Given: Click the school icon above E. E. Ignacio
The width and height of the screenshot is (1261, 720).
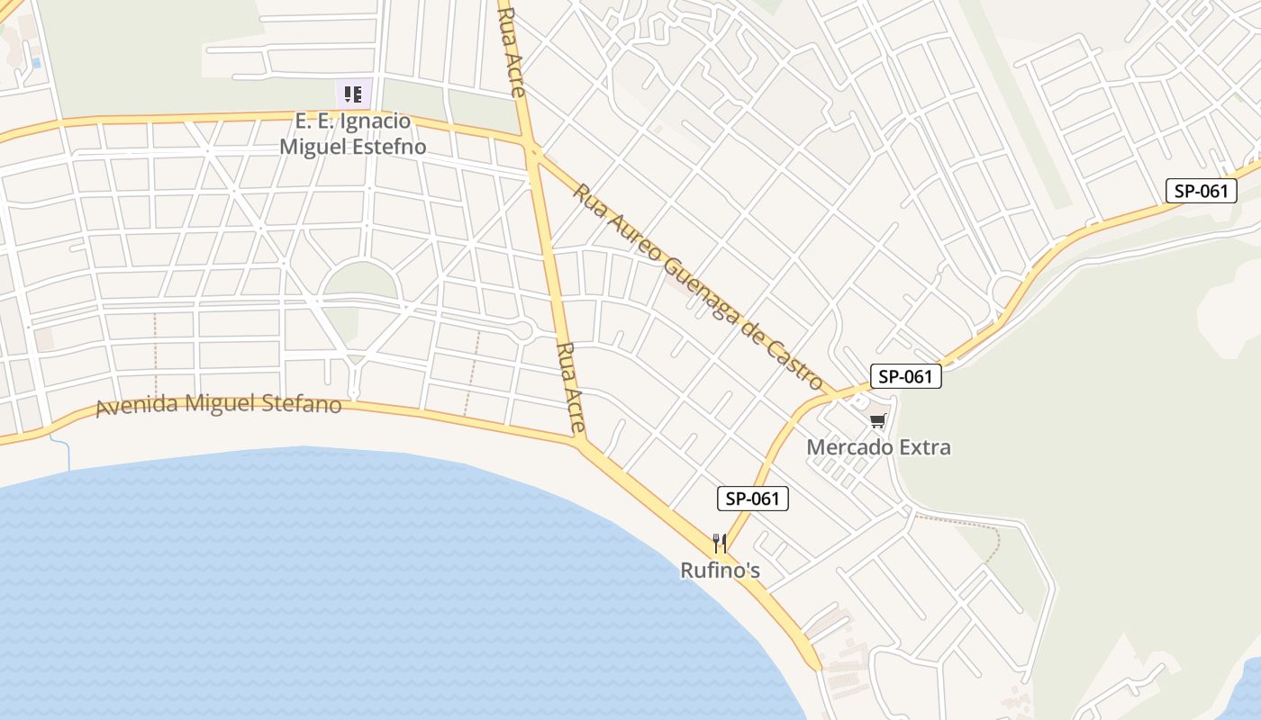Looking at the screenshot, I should pyautogui.click(x=353, y=93).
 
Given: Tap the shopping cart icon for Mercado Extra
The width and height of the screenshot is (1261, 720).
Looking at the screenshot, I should pyautogui.click(x=878, y=420).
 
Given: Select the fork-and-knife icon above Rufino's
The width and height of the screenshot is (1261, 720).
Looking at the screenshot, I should pyautogui.click(x=719, y=543).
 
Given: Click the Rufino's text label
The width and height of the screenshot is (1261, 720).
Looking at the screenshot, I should pyautogui.click(x=720, y=571).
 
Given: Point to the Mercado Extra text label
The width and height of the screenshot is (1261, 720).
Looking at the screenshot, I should pyautogui.click(x=878, y=447).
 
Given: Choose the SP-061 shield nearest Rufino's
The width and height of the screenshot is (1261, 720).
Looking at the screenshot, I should pyautogui.click(x=753, y=499).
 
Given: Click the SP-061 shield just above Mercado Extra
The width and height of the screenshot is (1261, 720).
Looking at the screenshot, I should pyautogui.click(x=905, y=376).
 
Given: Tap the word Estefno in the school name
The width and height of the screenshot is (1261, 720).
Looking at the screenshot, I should pyautogui.click(x=389, y=146).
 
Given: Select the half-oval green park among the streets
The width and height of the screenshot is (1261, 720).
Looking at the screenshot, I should pyautogui.click(x=360, y=280).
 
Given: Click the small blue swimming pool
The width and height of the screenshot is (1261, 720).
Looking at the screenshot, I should pyautogui.click(x=36, y=63).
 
